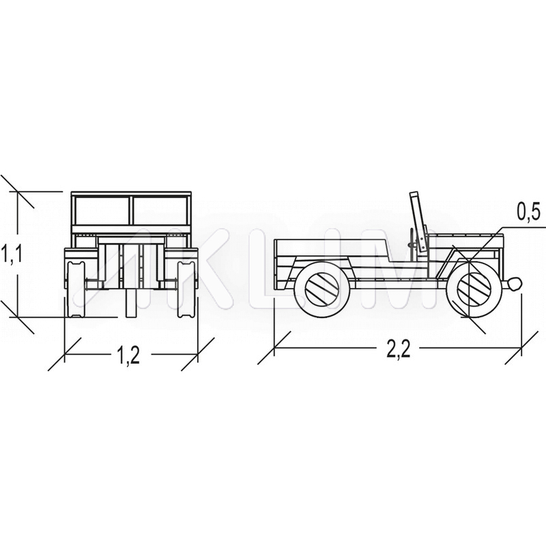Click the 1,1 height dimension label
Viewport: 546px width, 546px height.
click(12, 253)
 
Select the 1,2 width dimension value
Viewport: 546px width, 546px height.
click(128, 355)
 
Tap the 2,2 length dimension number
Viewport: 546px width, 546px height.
click(399, 349)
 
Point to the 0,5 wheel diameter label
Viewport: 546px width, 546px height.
click(528, 212)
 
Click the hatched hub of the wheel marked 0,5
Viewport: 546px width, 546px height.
click(474, 287)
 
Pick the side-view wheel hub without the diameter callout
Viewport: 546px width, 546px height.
click(321, 287)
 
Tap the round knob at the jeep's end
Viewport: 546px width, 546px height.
click(513, 284)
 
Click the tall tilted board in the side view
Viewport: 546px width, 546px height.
click(418, 222)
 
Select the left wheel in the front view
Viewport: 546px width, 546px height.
click(75, 289)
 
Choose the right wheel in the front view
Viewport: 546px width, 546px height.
click(186, 289)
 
